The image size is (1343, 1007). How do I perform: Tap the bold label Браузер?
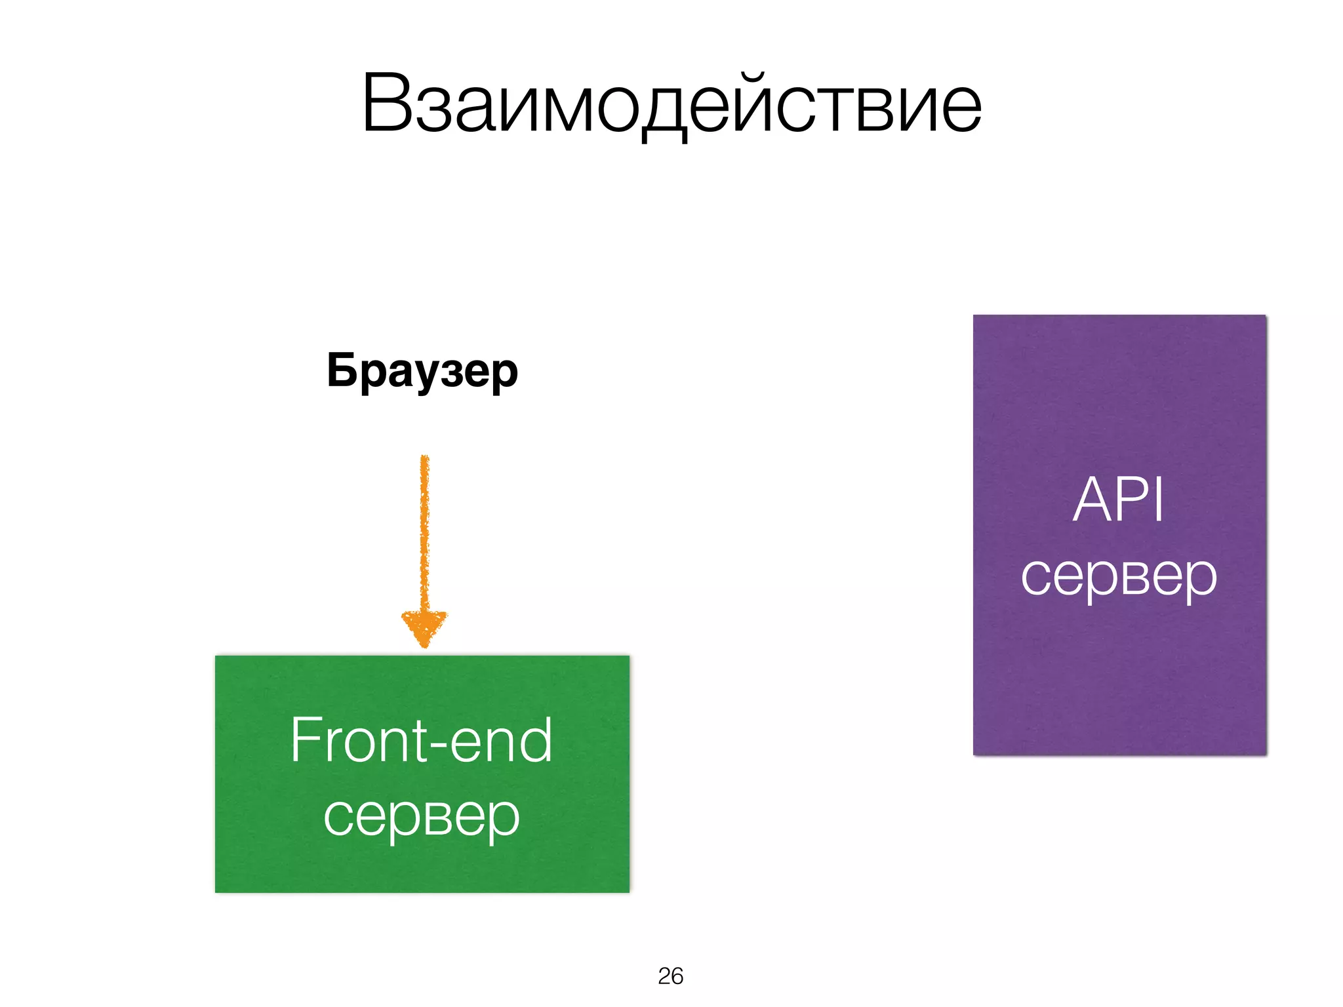tap(422, 371)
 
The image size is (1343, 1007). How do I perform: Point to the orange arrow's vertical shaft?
tap(424, 531)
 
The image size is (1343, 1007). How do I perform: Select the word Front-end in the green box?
tap(421, 740)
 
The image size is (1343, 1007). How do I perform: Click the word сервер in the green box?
tap(421, 816)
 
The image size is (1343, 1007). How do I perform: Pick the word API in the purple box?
tap(1118, 500)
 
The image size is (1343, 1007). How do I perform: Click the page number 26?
tap(670, 976)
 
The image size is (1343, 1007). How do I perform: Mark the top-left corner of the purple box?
tap(974, 316)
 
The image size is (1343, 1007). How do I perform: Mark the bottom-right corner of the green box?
tap(628, 891)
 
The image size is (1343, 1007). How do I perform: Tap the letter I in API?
tap(1159, 500)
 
